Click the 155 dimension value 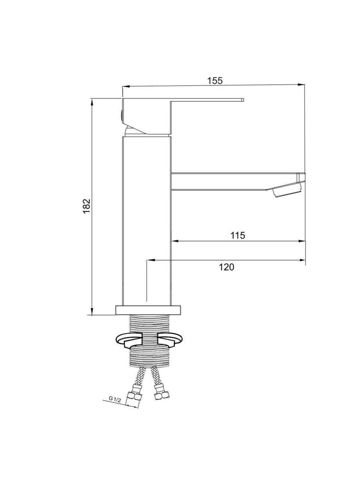point(215,81)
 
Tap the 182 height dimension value point(87,206)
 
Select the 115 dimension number point(238,236)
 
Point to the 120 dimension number point(226,267)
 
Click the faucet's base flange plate point(148,310)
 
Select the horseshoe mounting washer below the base point(149,341)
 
